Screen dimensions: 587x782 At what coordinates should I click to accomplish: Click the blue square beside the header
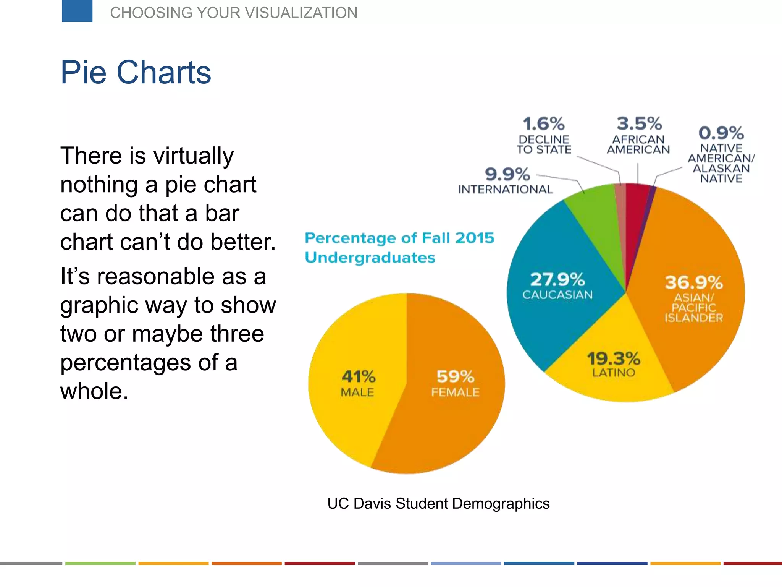pos(77,11)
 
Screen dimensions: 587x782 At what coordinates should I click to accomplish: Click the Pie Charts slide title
pos(136,72)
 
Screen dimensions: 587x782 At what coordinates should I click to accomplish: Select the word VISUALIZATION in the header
pos(301,13)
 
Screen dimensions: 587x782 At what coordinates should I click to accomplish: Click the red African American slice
pos(635,206)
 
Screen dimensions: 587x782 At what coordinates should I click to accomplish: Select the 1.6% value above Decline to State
pos(543,124)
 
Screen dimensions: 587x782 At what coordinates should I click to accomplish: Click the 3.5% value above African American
pos(639,123)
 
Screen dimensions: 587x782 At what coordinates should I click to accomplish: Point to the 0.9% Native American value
pos(721,133)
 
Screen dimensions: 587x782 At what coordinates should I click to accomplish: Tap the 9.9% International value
pos(507,174)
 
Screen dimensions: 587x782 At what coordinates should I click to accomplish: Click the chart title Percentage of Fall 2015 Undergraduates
pos(399,247)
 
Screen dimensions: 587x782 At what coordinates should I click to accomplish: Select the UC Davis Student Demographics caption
pos(438,504)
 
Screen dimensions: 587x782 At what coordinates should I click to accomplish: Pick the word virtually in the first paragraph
pos(193,156)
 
